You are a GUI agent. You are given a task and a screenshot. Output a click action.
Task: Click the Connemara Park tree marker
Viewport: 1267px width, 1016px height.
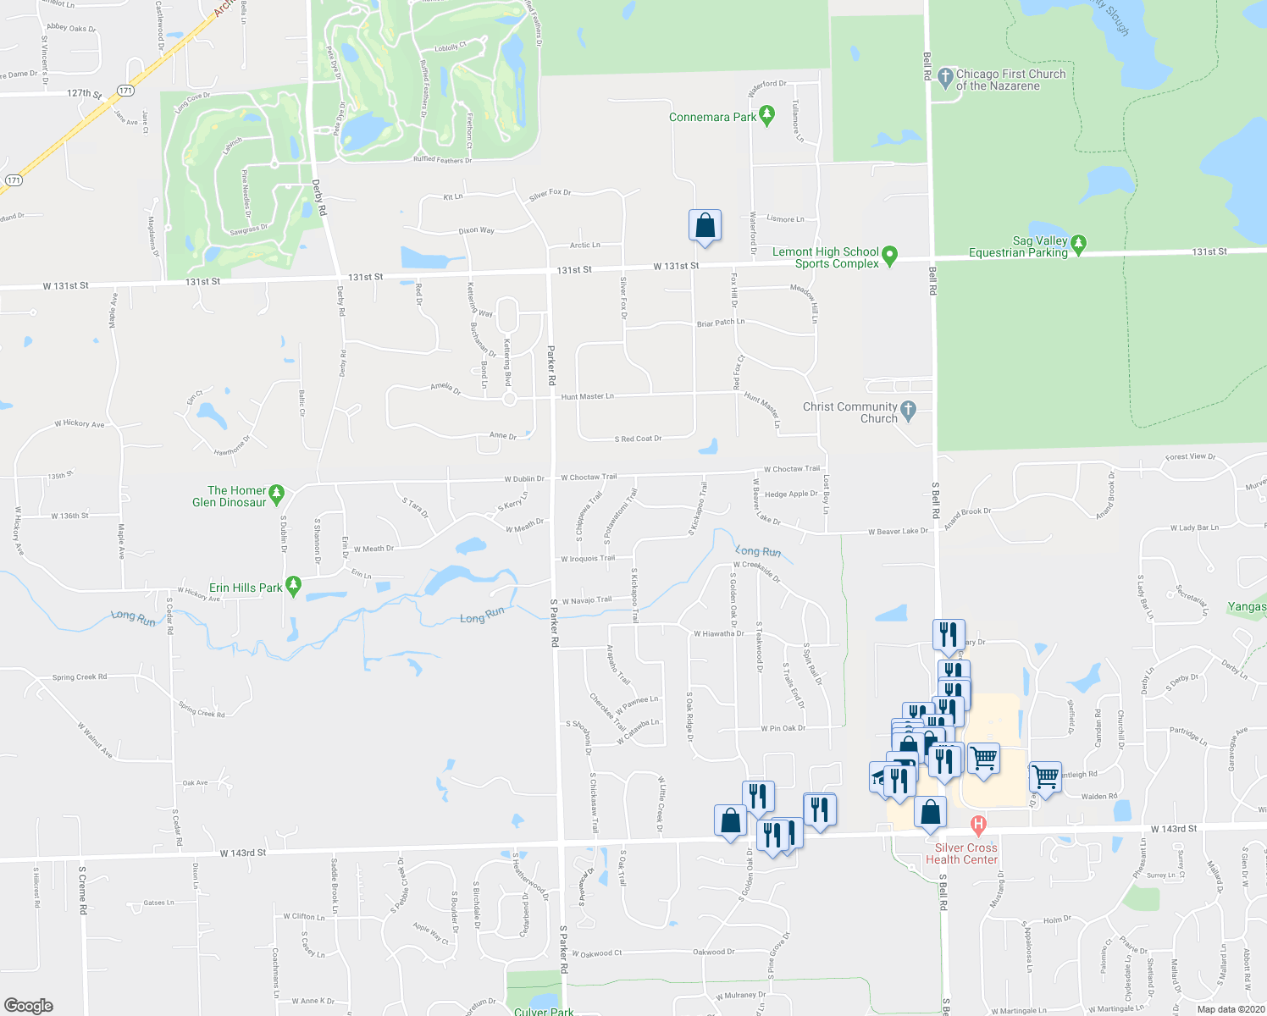tap(767, 115)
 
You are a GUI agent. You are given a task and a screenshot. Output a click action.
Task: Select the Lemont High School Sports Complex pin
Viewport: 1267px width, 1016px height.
tap(889, 255)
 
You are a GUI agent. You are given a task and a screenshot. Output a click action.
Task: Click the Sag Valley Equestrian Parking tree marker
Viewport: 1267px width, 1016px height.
tap(1078, 244)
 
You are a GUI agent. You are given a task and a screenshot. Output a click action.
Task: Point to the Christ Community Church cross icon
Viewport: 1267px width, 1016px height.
tap(908, 411)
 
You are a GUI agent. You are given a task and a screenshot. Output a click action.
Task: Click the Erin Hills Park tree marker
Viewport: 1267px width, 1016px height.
tap(294, 586)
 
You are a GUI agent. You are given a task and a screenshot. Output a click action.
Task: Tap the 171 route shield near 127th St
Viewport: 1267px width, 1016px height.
tap(125, 91)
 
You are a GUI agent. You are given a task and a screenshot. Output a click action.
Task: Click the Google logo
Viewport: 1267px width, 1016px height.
tap(29, 1006)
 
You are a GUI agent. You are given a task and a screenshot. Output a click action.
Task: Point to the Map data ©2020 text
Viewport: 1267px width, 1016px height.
tap(1230, 1009)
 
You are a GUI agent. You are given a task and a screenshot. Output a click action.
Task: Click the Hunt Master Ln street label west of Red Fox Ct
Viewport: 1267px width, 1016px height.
tap(587, 396)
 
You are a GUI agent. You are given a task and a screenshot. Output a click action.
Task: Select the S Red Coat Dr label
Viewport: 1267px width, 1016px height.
tap(638, 439)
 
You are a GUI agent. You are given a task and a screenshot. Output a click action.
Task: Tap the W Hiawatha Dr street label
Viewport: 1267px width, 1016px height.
tap(718, 633)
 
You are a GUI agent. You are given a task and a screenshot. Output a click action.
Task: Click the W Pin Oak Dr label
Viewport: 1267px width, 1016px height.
tap(783, 728)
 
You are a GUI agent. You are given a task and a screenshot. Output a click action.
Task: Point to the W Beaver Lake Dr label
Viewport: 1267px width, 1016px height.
tap(898, 531)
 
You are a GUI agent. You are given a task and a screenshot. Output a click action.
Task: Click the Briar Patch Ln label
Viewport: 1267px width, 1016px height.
tap(721, 323)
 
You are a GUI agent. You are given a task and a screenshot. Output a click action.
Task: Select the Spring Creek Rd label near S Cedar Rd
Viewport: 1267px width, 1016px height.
tap(80, 677)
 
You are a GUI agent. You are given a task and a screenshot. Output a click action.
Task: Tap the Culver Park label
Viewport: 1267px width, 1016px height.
tap(544, 1011)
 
